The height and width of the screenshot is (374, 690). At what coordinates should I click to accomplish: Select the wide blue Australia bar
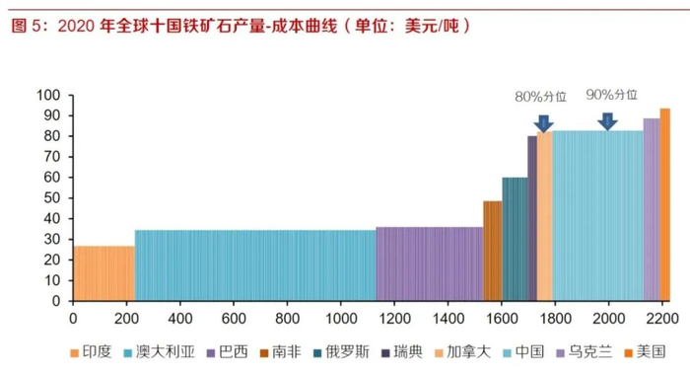[x=254, y=265]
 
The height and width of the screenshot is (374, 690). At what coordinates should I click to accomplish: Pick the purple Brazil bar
[x=429, y=263]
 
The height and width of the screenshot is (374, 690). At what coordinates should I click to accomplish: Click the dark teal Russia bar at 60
[x=515, y=239]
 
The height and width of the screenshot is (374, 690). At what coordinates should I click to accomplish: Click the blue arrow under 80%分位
[x=543, y=121]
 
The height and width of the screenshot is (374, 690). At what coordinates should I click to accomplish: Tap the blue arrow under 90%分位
[x=608, y=120]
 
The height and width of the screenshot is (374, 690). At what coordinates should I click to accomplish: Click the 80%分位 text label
[x=541, y=97]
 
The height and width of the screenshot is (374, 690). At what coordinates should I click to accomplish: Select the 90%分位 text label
[x=611, y=96]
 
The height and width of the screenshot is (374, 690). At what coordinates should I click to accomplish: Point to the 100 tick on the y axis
[x=49, y=95]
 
